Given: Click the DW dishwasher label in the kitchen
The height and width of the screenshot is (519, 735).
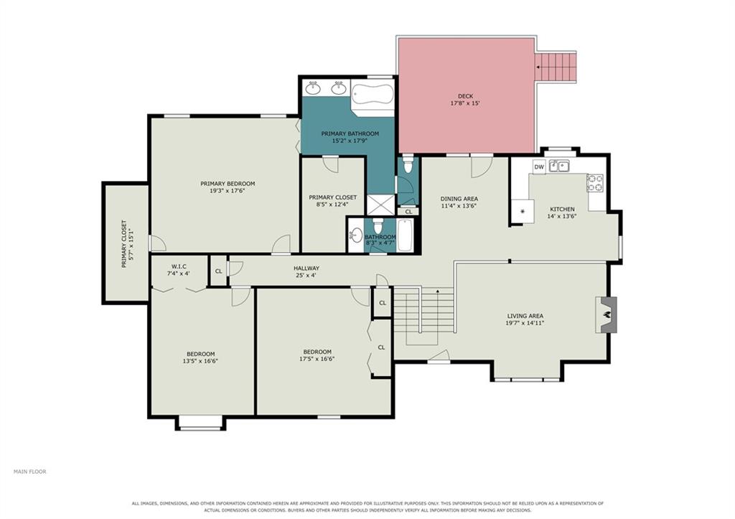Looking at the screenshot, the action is click(539, 167).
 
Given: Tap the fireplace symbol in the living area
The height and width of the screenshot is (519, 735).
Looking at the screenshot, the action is click(606, 314).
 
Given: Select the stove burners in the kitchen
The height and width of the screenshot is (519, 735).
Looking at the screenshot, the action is click(595, 183).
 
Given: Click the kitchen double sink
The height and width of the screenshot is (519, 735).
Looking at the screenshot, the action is click(559, 166).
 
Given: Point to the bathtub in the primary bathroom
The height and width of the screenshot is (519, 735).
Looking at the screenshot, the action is click(373, 98).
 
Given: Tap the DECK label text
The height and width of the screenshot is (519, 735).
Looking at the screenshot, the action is click(465, 96).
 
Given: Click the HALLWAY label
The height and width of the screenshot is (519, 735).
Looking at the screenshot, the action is click(306, 268).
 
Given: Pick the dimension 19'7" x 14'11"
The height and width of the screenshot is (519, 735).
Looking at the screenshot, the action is click(525, 323).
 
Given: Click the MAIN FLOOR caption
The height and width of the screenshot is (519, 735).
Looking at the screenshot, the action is click(30, 472).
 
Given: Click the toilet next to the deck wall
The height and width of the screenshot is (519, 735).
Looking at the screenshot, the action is click(408, 164).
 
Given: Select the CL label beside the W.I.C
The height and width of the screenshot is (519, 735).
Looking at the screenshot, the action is click(218, 271).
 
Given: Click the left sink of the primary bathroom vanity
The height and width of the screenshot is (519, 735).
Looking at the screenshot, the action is click(313, 88).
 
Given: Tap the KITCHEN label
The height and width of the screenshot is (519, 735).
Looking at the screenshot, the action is click(561, 209).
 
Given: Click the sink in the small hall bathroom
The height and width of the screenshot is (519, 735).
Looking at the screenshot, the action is click(356, 235).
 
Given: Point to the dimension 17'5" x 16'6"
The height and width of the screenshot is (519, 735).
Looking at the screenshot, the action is click(317, 359).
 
